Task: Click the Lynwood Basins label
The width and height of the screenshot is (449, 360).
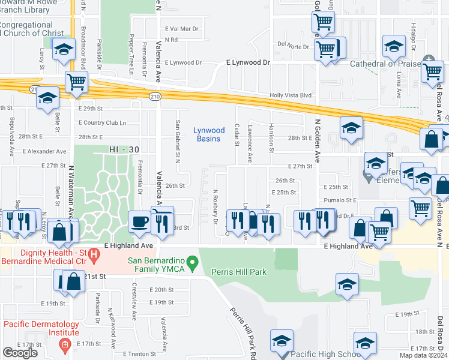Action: coord(209,134)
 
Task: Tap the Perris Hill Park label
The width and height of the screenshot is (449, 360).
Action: coord(239,272)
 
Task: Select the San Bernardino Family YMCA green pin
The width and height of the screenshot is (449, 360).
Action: coord(192,262)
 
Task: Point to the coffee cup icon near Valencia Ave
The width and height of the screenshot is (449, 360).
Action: coord(140,222)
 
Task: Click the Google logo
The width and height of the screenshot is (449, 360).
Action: coord(20,352)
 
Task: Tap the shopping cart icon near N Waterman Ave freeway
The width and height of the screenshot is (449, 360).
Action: coord(76,82)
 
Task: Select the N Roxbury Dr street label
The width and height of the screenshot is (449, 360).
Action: coord(214,207)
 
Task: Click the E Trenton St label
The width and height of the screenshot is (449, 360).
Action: coord(139,354)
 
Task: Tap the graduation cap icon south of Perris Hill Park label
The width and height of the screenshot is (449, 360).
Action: coord(347,284)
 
